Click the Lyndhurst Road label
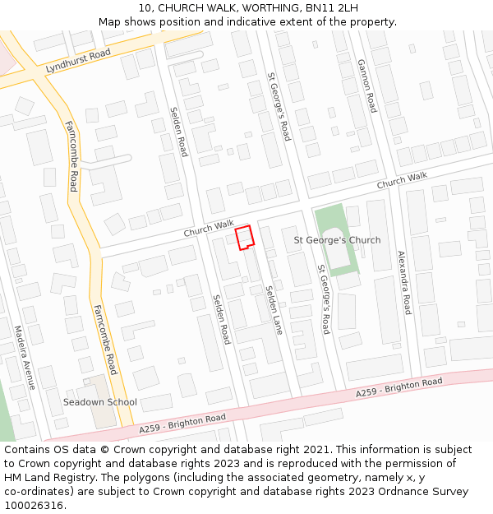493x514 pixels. (x=78, y=61)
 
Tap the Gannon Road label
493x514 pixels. (x=366, y=86)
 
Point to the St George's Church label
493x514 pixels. (x=337, y=240)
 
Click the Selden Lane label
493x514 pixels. (x=274, y=310)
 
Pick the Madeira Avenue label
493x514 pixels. (x=25, y=357)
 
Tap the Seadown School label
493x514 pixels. (x=100, y=402)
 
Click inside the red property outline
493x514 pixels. (x=244, y=237)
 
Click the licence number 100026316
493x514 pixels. (x=35, y=505)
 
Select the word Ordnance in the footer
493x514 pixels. (x=398, y=492)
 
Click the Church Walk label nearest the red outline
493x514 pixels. (x=209, y=229)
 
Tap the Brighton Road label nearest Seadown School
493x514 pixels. (x=182, y=424)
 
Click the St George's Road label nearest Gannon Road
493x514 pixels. (x=279, y=108)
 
